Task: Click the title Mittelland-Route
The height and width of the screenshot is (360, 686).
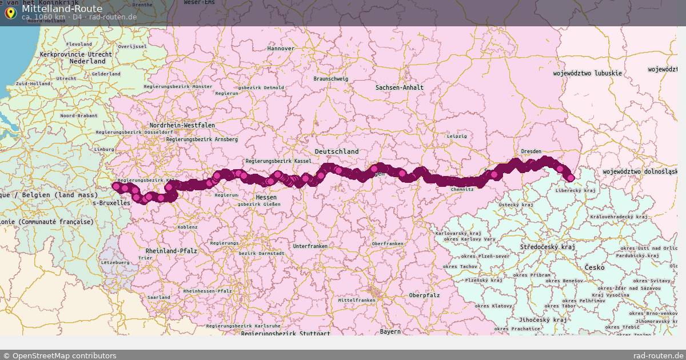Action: coord(62,9)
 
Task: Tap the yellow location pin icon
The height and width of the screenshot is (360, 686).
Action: coord(10,13)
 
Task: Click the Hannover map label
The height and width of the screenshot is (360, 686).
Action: coord(281,49)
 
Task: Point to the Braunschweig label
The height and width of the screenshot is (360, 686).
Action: coord(331,78)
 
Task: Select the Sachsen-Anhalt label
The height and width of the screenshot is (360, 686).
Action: coord(400,87)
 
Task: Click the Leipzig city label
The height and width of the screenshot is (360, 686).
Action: coord(457,136)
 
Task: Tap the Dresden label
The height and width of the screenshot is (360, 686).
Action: coord(531,151)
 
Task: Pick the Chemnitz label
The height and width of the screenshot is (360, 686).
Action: coord(462,189)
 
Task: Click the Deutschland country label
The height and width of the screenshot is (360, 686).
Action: coord(337,151)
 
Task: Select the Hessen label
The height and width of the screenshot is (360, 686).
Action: coord(266,197)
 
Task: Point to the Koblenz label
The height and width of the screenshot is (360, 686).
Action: coord(188,227)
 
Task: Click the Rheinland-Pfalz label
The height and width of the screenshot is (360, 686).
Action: coord(171,251)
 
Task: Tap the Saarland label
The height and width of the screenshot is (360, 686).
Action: coord(159,297)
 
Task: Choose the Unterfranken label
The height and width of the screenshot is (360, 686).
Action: coord(310,246)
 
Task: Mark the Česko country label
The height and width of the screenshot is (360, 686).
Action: coord(595,267)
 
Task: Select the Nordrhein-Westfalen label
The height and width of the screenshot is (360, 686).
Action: coord(182,125)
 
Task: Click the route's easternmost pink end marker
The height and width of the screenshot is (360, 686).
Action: coord(570,178)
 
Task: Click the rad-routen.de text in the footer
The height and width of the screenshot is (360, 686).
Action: coord(658,355)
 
